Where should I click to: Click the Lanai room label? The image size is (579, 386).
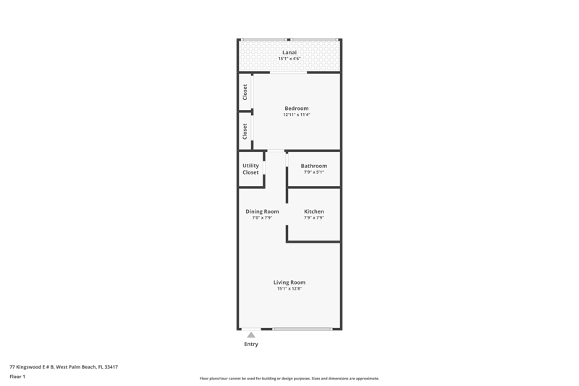click(x=289, y=52)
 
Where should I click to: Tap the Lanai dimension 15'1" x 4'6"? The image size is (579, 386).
click(x=289, y=59)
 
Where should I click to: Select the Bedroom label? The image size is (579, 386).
click(x=297, y=108)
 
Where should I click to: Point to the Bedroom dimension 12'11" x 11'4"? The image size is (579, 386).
click(x=297, y=114)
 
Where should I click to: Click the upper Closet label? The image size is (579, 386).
click(x=245, y=92)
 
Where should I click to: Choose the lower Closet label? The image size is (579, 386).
click(x=245, y=132)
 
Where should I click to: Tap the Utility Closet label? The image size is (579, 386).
click(x=250, y=169)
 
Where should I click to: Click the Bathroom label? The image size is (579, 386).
click(x=314, y=166)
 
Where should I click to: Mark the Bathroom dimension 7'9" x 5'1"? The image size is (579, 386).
click(x=314, y=172)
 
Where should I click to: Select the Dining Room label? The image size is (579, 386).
click(x=262, y=211)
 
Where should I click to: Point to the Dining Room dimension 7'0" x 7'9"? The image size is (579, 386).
click(x=262, y=218)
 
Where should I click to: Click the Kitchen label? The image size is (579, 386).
click(x=314, y=211)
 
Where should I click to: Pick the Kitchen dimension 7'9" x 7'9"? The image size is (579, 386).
click(x=314, y=218)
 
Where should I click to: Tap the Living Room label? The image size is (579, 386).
click(x=289, y=282)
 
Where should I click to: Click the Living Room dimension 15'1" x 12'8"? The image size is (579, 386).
click(x=289, y=288)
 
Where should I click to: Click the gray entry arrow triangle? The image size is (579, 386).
click(x=251, y=335)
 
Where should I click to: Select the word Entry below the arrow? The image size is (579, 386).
click(x=251, y=344)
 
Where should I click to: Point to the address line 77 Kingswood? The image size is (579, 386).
click(x=64, y=366)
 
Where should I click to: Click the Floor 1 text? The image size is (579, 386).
click(x=17, y=377)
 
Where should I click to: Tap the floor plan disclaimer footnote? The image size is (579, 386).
click(x=289, y=379)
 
